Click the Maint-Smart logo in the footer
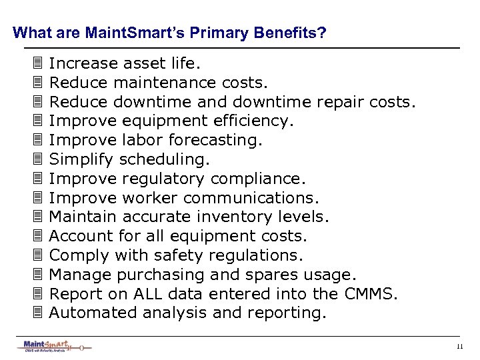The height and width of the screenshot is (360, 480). pyautogui.click(x=53, y=346)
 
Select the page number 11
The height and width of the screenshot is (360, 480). pyautogui.click(x=460, y=346)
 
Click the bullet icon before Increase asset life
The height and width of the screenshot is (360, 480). pyautogui.click(x=37, y=64)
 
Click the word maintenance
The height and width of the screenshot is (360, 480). pyautogui.click(x=165, y=83)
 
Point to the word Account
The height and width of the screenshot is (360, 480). pyautogui.click(x=77, y=237)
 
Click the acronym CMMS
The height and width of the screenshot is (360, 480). pyautogui.click(x=374, y=294)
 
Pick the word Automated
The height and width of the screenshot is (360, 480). pyautogui.click(x=90, y=313)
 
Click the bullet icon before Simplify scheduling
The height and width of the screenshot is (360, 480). pyautogui.click(x=37, y=160)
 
